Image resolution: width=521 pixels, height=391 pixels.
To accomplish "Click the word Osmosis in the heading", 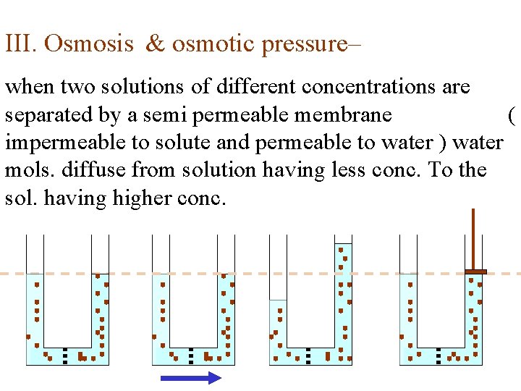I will point(89,44).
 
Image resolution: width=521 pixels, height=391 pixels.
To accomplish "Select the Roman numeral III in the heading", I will point(20,44).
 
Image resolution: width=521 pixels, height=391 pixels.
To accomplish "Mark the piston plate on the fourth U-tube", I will point(475,272).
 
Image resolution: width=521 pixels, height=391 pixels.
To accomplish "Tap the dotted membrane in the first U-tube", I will point(65,356).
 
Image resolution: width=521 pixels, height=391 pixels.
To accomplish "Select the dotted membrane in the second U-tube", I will point(191,356).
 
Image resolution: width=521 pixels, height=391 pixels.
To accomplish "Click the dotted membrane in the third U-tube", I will point(308,356).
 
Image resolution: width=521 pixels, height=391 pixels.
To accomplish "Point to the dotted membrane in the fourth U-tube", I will point(439,356).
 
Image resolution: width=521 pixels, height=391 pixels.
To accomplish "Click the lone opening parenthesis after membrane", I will point(511,114).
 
